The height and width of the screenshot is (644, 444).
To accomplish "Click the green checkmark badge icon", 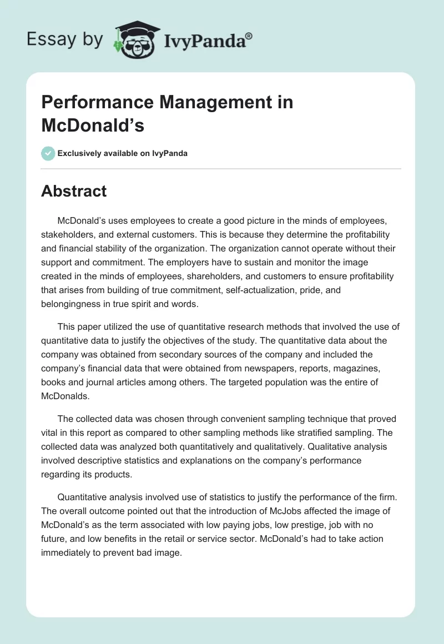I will (48, 153).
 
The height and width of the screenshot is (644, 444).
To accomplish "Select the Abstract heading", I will (74, 192).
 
